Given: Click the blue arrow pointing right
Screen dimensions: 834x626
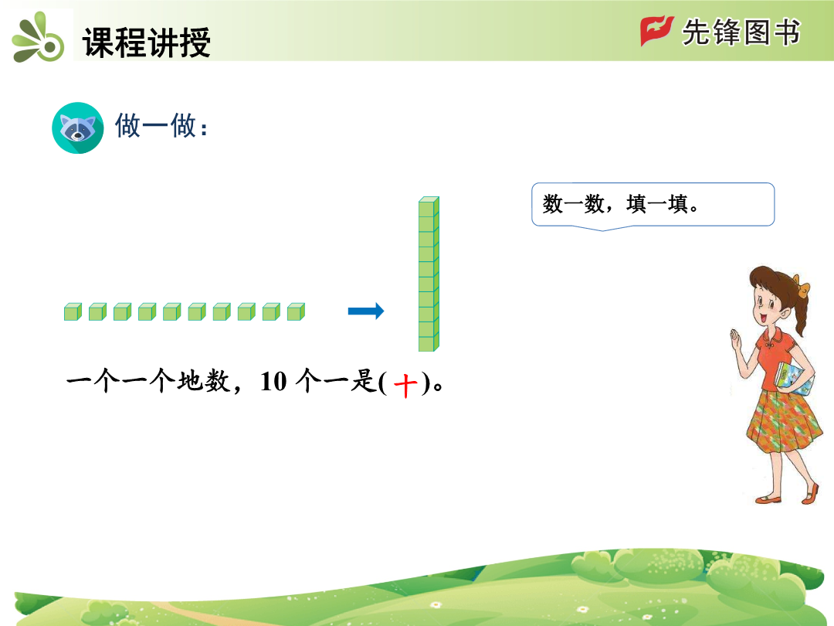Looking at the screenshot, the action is (x=366, y=311).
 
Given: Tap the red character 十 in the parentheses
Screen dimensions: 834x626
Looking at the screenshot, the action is (x=405, y=385).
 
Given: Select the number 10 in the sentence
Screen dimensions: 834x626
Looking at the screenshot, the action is (x=273, y=382).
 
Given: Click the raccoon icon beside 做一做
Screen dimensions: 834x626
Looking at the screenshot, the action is (x=78, y=128).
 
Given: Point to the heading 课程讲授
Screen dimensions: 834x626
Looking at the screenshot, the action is (x=147, y=42).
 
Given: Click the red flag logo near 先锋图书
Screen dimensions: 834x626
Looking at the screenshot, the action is (x=657, y=31).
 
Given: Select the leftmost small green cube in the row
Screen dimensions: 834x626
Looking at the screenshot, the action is (x=73, y=312).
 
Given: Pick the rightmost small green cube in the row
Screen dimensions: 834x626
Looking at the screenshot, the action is (x=296, y=312).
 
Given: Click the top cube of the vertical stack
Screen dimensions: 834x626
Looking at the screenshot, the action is (x=429, y=206).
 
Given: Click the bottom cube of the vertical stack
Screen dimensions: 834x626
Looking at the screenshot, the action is (x=429, y=343).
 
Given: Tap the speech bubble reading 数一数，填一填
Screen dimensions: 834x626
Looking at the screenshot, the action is (x=653, y=205).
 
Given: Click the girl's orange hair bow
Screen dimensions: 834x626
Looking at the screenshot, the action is (x=801, y=285).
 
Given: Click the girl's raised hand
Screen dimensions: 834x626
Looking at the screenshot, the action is (x=736, y=339).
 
